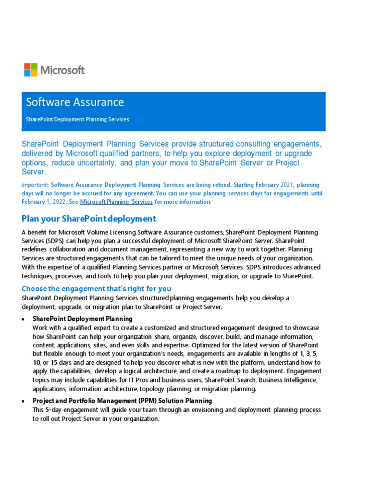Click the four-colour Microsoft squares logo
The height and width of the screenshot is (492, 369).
pos(31,70)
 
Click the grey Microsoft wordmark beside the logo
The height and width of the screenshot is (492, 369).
pos(62,70)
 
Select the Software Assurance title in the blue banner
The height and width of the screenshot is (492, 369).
pos(74,102)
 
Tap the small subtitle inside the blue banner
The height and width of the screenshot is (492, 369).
pos(77,119)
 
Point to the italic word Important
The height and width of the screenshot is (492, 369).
pos(34,184)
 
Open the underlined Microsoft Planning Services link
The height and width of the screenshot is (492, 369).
pos(116,202)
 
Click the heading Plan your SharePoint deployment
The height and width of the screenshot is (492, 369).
pos(89,219)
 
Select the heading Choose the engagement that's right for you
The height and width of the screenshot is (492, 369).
pos(96,289)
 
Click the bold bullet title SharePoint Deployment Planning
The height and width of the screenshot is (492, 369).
pos(82,319)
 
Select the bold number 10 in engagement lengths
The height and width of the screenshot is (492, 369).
pos(37,363)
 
